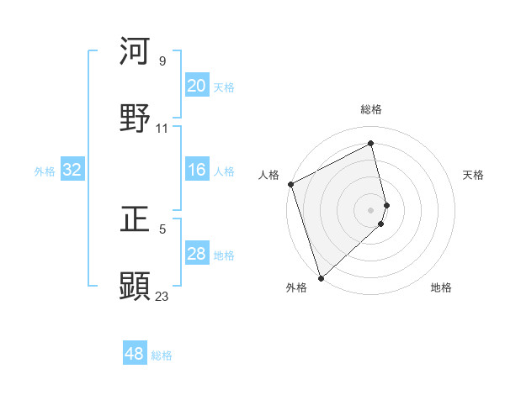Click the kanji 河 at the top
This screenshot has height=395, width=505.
[x=136, y=51]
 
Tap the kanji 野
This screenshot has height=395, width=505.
[x=136, y=118]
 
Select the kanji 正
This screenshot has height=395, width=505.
[x=136, y=219]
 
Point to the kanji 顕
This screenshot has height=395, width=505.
[x=136, y=286]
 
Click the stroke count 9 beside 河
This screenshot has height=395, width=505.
[x=162, y=61]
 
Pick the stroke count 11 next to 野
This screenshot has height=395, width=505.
[x=162, y=129]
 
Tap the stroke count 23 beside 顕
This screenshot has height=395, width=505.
[x=162, y=296]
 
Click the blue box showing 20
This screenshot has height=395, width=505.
[x=196, y=86]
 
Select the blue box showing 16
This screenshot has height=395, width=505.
[x=196, y=170]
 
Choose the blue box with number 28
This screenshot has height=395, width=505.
[x=196, y=254]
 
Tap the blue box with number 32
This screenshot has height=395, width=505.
[x=72, y=170]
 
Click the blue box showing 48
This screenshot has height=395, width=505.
[x=135, y=354]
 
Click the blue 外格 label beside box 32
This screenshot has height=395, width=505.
[x=45, y=171]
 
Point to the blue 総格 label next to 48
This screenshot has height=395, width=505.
[x=162, y=355]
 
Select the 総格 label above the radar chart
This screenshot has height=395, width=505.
[x=371, y=109]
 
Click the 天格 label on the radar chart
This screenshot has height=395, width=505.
[x=473, y=175]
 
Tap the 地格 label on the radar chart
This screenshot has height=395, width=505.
[x=441, y=287]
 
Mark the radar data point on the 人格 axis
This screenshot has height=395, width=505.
[x=290, y=184]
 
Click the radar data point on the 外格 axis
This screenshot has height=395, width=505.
[x=321, y=277]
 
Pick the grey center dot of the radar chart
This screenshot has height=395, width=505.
[x=371, y=209]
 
